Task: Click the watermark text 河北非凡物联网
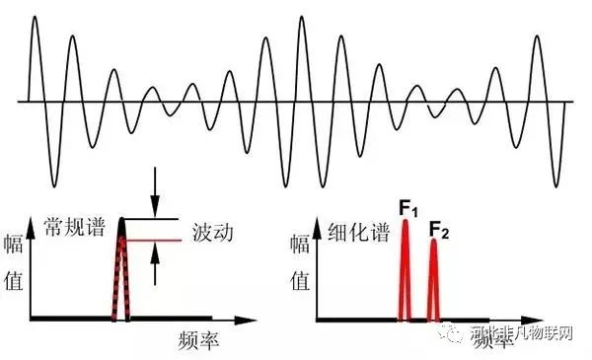tap(521, 337)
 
